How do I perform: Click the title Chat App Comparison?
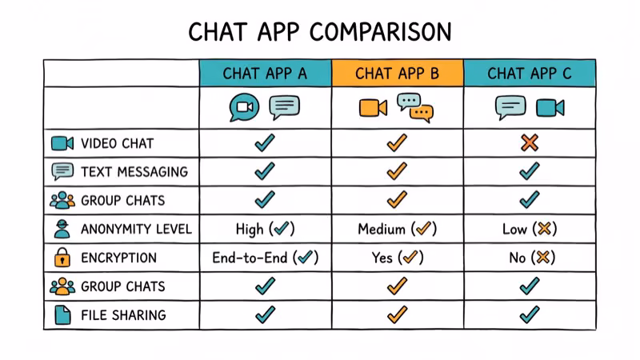click(320, 32)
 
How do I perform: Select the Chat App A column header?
click(265, 74)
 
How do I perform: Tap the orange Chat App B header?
click(397, 74)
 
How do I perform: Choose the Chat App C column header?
click(530, 74)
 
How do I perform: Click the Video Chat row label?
click(117, 144)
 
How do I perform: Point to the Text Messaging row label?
click(134, 172)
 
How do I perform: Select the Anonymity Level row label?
click(136, 230)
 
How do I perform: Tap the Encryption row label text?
click(118, 258)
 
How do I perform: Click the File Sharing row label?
click(123, 315)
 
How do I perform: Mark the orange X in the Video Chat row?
click(529, 143)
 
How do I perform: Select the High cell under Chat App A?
click(265, 230)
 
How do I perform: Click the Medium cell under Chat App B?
click(397, 230)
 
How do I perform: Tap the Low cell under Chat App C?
click(529, 230)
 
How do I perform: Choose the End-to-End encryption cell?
click(265, 258)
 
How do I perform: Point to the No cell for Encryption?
click(529, 258)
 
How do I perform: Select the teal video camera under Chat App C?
click(550, 107)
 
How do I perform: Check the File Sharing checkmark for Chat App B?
click(397, 315)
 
